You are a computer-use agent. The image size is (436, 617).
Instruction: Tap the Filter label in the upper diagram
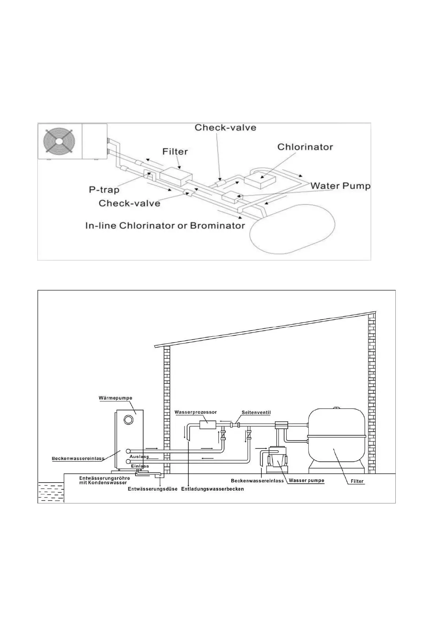175,151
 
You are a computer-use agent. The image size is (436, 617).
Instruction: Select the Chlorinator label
305,147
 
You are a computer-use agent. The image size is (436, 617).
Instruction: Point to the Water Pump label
340,186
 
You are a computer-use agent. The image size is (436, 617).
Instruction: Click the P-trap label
104,189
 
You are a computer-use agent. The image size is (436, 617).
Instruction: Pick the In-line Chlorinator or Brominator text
165,225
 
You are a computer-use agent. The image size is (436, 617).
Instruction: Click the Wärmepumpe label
115,398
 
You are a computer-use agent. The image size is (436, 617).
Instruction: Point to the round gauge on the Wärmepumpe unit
128,420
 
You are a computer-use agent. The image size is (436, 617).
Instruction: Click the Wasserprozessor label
195,412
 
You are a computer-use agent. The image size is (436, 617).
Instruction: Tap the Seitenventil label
256,413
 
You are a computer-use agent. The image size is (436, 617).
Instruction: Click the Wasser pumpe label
306,480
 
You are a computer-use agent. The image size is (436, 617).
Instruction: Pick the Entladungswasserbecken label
212,489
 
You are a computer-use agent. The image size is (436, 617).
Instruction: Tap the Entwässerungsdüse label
153,489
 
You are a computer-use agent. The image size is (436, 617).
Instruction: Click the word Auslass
139,457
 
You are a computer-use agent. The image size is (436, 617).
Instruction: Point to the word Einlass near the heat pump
140,466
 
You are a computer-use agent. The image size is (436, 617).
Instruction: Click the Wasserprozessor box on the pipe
207,425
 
